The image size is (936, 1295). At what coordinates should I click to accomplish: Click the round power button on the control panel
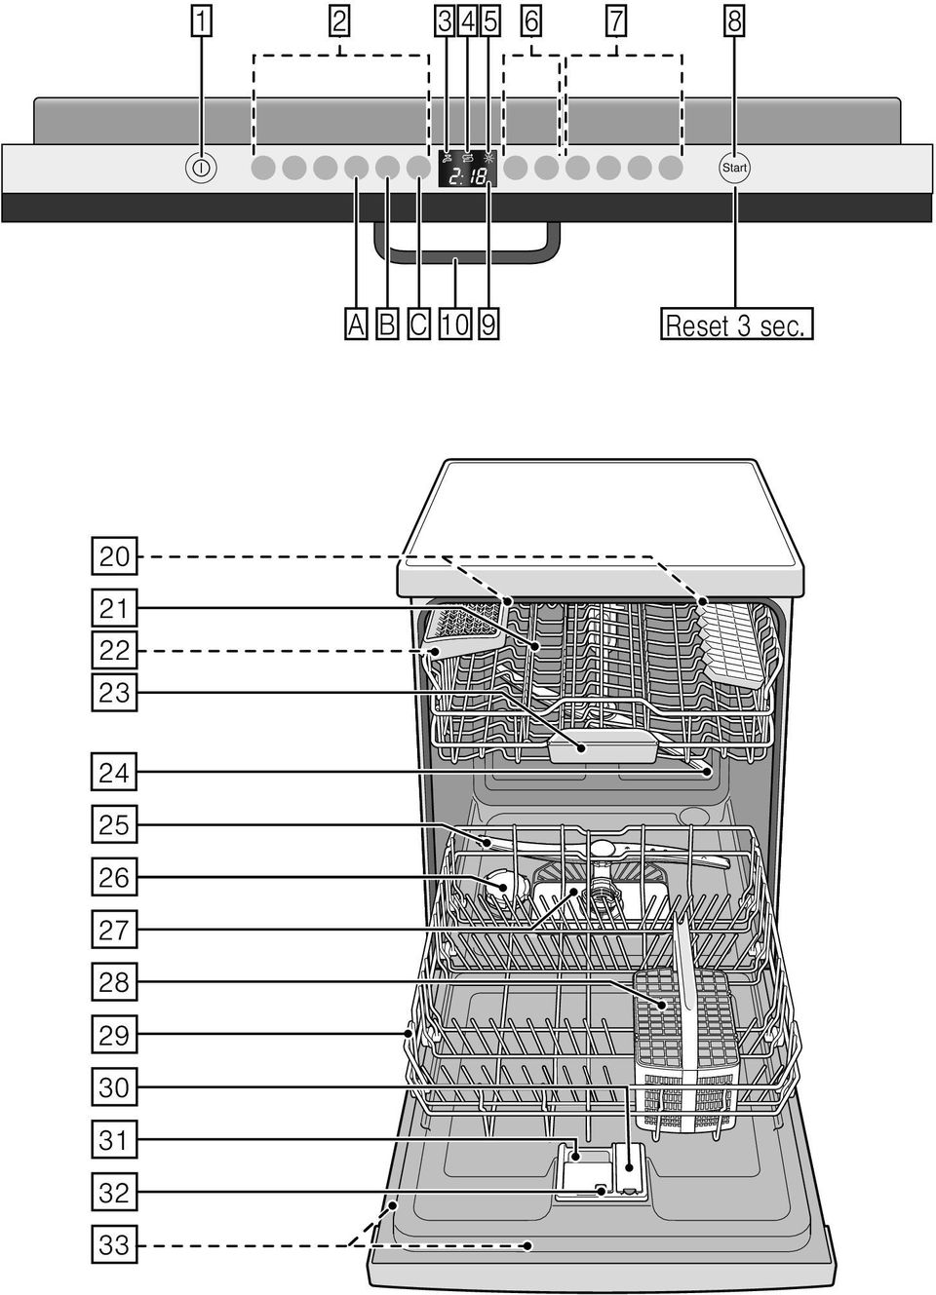201,168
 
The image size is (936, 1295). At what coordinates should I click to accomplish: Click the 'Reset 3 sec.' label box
736,324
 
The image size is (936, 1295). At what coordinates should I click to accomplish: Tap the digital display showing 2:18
467,169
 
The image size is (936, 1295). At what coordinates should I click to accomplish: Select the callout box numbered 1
201,22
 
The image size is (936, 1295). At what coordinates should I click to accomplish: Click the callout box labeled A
356,324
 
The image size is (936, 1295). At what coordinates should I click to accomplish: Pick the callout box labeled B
387,324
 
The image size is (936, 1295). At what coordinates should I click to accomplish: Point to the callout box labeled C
418,324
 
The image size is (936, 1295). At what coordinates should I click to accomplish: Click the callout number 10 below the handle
455,324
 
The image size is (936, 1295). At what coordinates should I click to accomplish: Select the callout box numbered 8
734,22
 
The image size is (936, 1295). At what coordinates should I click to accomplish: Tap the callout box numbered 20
114,556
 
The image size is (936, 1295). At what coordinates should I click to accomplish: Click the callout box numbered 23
114,692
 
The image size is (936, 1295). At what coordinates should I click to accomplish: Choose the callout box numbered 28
114,981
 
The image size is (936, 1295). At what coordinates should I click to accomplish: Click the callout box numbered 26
114,876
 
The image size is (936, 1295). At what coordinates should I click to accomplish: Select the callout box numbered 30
114,1086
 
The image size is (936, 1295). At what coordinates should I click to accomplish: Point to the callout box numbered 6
531,22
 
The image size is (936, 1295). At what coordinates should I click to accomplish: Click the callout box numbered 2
339,22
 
